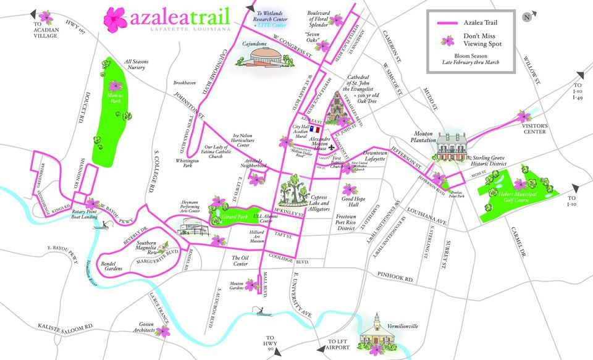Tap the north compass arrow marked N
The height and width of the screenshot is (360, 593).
tap(526, 17)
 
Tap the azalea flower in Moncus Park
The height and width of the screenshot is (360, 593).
tap(116, 85)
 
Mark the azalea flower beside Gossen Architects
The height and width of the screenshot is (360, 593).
tap(163, 332)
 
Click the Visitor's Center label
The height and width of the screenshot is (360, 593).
tap(535, 128)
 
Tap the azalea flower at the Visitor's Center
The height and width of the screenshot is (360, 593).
tap(524, 116)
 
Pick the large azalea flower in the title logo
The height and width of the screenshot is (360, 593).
tap(114, 19)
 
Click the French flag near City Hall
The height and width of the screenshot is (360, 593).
tap(314, 130)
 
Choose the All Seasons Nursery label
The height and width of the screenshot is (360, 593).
tap(137, 64)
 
